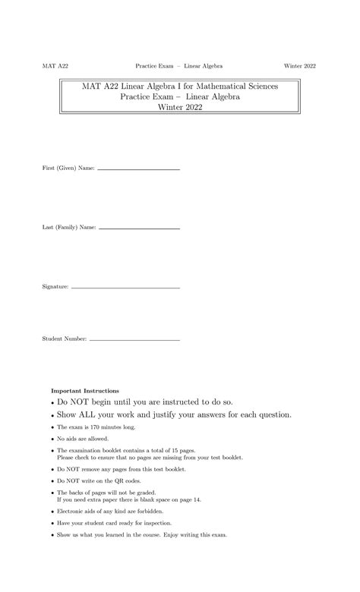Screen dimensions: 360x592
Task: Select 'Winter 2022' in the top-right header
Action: (300, 67)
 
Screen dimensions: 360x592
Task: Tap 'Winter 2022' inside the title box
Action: (180, 108)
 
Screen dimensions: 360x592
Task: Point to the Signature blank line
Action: (125, 288)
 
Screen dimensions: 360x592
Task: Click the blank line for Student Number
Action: (134, 339)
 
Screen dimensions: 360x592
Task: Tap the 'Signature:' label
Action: (55, 288)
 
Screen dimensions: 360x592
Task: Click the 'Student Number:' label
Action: (65, 339)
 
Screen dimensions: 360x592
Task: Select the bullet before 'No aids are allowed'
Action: (52, 439)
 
